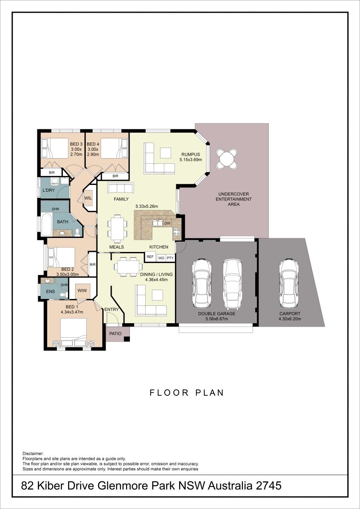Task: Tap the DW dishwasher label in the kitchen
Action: tap(167, 224)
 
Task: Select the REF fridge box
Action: tap(150, 257)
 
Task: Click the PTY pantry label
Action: tap(170, 258)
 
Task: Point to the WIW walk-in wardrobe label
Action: tap(82, 291)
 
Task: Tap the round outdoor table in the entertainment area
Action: tap(227, 159)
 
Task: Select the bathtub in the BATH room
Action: tap(46, 224)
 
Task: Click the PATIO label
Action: tap(115, 333)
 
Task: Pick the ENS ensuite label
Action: tap(50, 291)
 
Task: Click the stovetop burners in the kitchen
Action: tap(177, 232)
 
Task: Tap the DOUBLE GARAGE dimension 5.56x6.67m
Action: tap(217, 319)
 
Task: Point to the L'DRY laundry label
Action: tap(49, 190)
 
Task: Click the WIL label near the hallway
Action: tap(88, 198)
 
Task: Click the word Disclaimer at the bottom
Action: tap(33, 447)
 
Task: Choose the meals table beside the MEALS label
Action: tap(117, 227)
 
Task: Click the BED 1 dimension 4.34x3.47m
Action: tap(72, 312)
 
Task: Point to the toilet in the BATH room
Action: tap(77, 232)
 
